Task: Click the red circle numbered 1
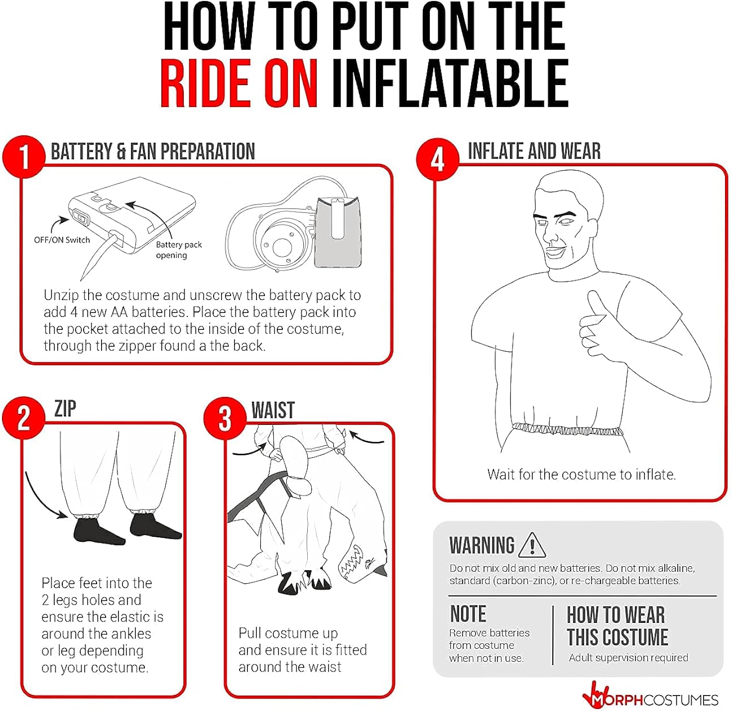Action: pyautogui.click(x=24, y=157)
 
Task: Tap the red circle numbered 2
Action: pyautogui.click(x=24, y=418)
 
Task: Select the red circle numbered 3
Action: pyautogui.click(x=225, y=418)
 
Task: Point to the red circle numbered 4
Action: pyautogui.click(x=438, y=159)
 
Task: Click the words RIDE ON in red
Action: pyautogui.click(x=239, y=84)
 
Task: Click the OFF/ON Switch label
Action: pyautogui.click(x=62, y=240)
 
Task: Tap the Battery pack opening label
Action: pyautogui.click(x=179, y=250)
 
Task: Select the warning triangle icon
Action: pyautogui.click(x=532, y=545)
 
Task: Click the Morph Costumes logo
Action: pyautogui.click(x=650, y=699)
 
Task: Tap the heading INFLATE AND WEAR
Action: pyautogui.click(x=534, y=151)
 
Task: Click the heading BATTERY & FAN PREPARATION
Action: pyautogui.click(x=153, y=151)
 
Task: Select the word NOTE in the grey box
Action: pyautogui.click(x=468, y=613)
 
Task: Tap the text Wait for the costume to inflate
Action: pyautogui.click(x=582, y=475)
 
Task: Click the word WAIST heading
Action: pyautogui.click(x=273, y=410)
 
